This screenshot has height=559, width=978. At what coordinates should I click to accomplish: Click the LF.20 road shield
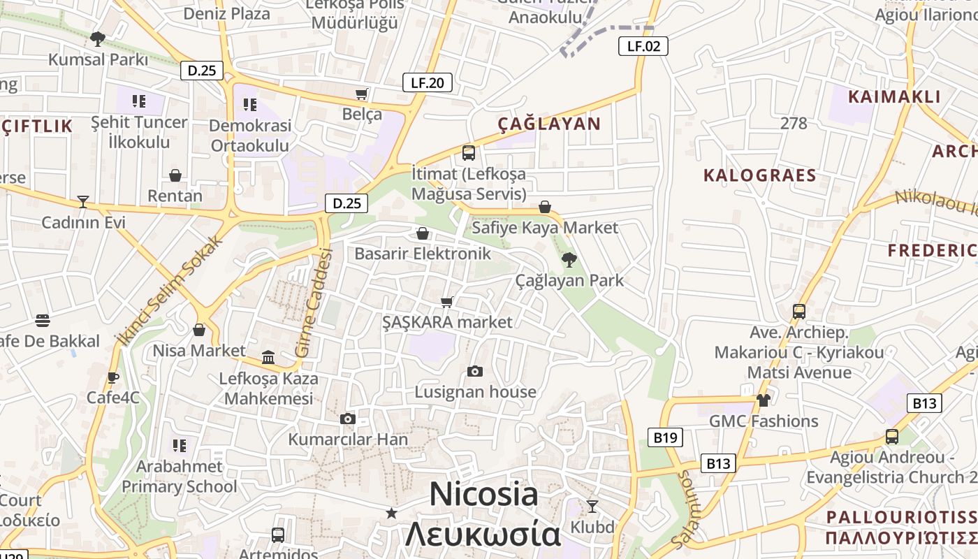pos(428,82)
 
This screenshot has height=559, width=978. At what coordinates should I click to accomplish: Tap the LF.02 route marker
pos(643,46)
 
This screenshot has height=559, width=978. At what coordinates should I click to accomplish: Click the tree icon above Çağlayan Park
pos(569,260)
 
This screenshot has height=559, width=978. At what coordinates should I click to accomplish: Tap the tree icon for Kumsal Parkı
pos(98,38)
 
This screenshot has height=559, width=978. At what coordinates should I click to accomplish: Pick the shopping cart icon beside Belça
pos(362,94)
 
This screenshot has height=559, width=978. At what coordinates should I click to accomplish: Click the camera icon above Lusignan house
pos(475,371)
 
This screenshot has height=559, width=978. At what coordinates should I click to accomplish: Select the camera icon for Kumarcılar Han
pos(348,419)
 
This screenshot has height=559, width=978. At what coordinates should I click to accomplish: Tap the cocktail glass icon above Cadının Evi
pos(83,202)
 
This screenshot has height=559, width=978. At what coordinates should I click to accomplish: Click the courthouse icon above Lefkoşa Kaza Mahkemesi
pos(268,358)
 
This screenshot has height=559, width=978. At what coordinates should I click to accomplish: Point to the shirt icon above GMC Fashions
pos(763,400)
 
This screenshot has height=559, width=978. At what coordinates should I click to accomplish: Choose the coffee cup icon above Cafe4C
pos(112,377)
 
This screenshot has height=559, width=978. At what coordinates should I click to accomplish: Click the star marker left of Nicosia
pos(392,513)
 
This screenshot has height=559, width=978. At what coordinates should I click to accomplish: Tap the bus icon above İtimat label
pos(469,152)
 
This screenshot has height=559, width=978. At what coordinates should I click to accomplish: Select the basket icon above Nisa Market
pos(199,330)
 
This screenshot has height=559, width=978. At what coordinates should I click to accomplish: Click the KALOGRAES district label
pos(760,175)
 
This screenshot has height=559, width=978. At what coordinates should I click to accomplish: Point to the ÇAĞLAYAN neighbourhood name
pos(549,124)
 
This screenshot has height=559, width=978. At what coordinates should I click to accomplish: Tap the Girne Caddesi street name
pos(313,303)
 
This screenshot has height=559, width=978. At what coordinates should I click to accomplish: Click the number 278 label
pos(794,124)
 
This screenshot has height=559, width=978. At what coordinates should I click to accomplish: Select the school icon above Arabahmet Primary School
pos(180,445)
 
